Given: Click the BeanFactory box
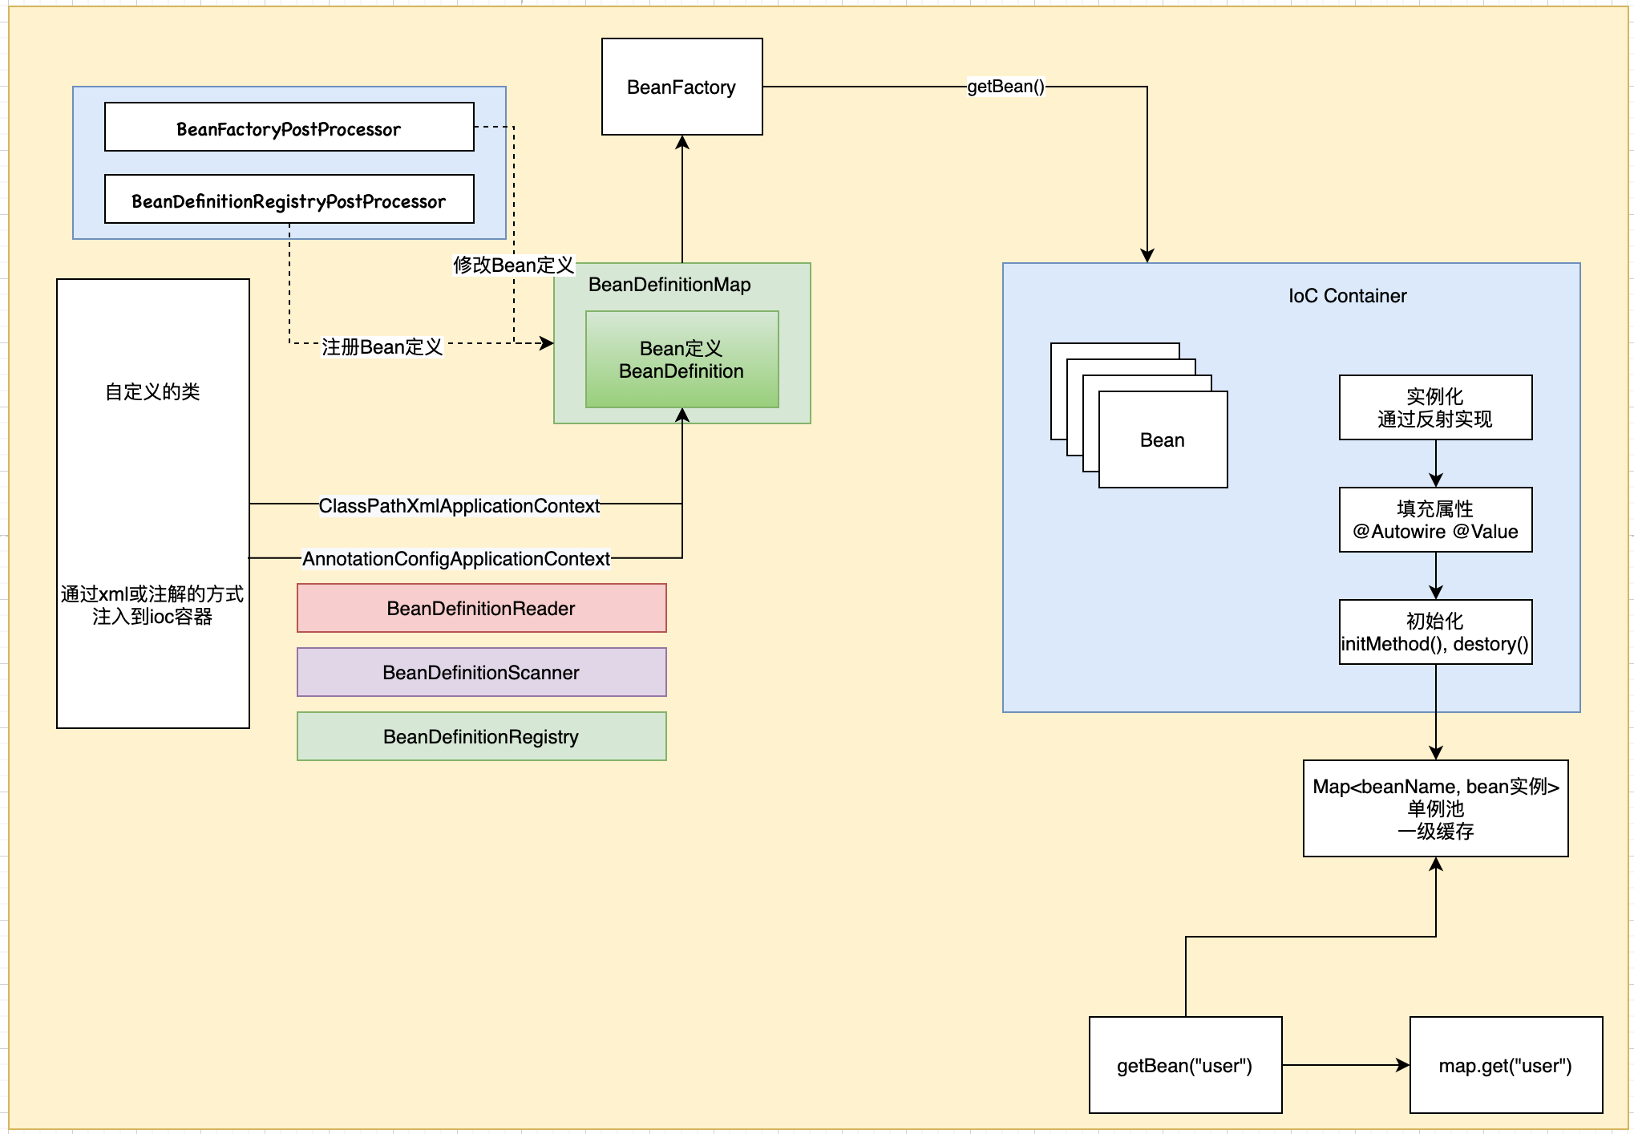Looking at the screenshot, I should (682, 87).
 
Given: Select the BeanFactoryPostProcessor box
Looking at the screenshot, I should (289, 128).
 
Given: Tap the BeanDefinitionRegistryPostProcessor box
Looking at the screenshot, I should (289, 200).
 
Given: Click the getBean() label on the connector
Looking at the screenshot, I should (1005, 87).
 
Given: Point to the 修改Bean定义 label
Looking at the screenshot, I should (513, 265).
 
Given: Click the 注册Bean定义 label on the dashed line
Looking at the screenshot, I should (382, 346).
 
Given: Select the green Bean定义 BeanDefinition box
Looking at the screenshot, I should (682, 359).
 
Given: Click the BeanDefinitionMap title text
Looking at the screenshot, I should (669, 285).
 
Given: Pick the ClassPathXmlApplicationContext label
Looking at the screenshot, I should (459, 506).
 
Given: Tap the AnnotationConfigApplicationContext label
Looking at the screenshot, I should (455, 559).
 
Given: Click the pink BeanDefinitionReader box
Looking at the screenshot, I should (481, 608).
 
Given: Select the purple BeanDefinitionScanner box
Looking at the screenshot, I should (481, 672).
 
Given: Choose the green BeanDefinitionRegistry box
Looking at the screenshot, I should (481, 736).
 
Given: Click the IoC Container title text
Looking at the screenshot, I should (1347, 296).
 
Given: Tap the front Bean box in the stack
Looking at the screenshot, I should (1163, 439).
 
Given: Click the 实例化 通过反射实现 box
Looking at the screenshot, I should (1435, 407).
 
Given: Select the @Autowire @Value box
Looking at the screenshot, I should (1435, 520).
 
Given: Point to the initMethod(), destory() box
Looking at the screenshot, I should (1435, 632).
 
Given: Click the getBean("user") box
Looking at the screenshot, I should (1185, 1065).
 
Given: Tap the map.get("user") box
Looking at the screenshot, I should (1506, 1065).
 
